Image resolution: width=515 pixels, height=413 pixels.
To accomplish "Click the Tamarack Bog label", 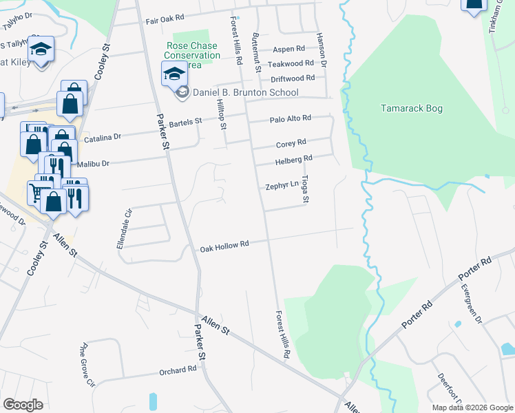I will point(412,109).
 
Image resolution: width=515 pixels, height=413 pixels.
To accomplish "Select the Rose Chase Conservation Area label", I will point(193,55).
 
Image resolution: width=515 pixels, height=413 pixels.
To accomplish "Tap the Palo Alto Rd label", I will point(291,118).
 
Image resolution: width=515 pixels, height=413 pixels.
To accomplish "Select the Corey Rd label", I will point(291,143).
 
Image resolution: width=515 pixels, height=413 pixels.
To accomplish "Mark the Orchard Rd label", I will point(178,370).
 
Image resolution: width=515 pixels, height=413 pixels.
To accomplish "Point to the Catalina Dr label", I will point(103,138).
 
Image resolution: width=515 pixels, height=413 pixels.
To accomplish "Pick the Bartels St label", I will point(185,122).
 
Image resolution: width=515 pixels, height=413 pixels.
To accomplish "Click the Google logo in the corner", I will point(23,405).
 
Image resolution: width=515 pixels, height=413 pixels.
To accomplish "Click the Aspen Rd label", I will point(289,49).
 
